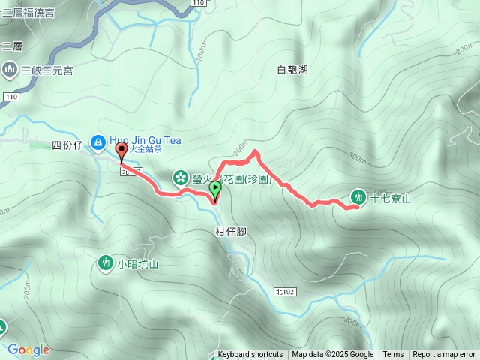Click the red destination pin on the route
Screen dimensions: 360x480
121,152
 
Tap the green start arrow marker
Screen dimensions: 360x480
215,189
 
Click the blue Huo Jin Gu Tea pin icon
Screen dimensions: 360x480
97,141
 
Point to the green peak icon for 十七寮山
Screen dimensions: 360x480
358,197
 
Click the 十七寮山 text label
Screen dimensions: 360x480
390,198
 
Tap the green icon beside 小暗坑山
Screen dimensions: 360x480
104,262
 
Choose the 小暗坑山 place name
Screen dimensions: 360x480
138,263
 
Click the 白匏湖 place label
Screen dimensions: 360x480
292,70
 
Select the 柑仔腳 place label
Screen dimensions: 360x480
230,232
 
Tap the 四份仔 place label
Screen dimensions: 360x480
66,145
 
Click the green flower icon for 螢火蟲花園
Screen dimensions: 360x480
181,178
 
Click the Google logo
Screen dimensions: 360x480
28,349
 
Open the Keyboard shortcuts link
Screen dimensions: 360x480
250,355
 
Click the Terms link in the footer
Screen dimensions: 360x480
393,355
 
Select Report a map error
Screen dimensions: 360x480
444,355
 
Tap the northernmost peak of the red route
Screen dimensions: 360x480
255,151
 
